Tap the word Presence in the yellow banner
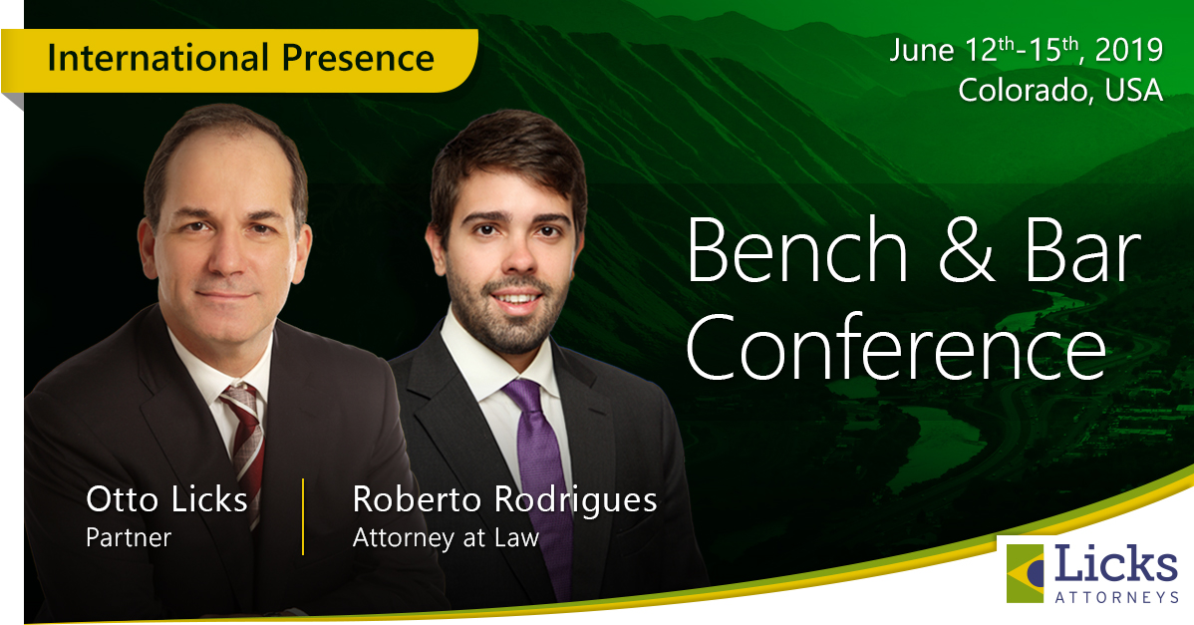click(358, 58)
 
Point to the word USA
click(1134, 90)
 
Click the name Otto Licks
click(166, 499)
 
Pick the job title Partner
click(128, 538)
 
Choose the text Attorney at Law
click(446, 538)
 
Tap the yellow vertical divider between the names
click(303, 516)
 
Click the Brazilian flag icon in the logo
click(1025, 573)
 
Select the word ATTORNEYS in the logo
click(1117, 597)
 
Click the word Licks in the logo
click(1115, 564)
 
